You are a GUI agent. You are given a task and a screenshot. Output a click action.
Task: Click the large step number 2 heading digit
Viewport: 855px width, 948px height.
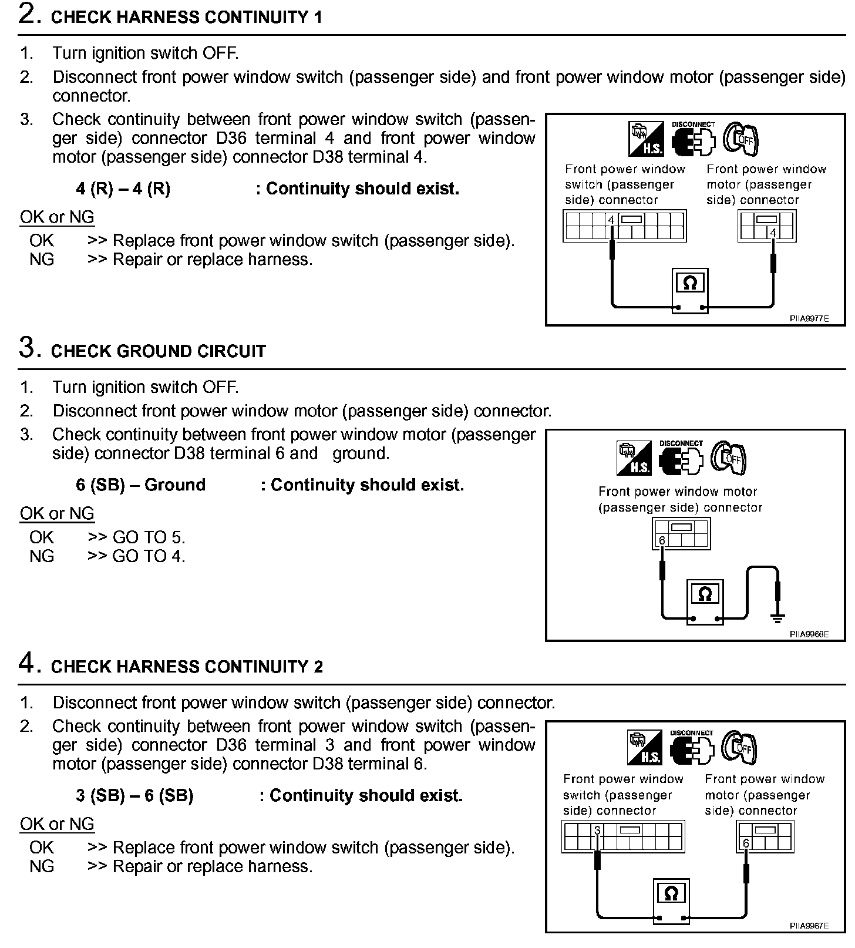(29, 14)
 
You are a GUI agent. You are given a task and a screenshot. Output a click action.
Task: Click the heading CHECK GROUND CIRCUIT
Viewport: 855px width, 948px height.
(158, 351)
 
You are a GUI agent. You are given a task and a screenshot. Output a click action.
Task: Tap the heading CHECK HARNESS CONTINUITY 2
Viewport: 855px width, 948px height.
(187, 667)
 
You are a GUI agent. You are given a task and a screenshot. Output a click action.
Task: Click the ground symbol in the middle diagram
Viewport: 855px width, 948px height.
(778, 617)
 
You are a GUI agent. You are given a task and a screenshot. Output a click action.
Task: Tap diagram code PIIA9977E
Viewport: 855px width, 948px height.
(809, 319)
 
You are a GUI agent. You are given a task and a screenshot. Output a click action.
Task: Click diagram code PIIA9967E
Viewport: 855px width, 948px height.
(809, 926)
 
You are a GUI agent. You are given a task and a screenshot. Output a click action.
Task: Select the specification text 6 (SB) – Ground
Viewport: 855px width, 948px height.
(141, 485)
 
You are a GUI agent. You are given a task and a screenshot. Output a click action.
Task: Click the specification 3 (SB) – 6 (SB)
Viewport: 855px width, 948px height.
(134, 796)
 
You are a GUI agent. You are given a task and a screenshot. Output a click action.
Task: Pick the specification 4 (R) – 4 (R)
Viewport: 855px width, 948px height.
(123, 189)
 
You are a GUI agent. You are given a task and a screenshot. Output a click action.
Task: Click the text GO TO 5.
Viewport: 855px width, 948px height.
(149, 537)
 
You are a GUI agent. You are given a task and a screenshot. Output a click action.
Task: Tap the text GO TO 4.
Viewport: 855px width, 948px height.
(149, 556)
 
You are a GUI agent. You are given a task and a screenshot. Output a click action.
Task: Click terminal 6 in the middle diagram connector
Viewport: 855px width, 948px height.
(662, 540)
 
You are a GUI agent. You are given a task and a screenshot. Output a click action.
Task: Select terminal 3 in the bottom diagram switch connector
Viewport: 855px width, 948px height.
(597, 831)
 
